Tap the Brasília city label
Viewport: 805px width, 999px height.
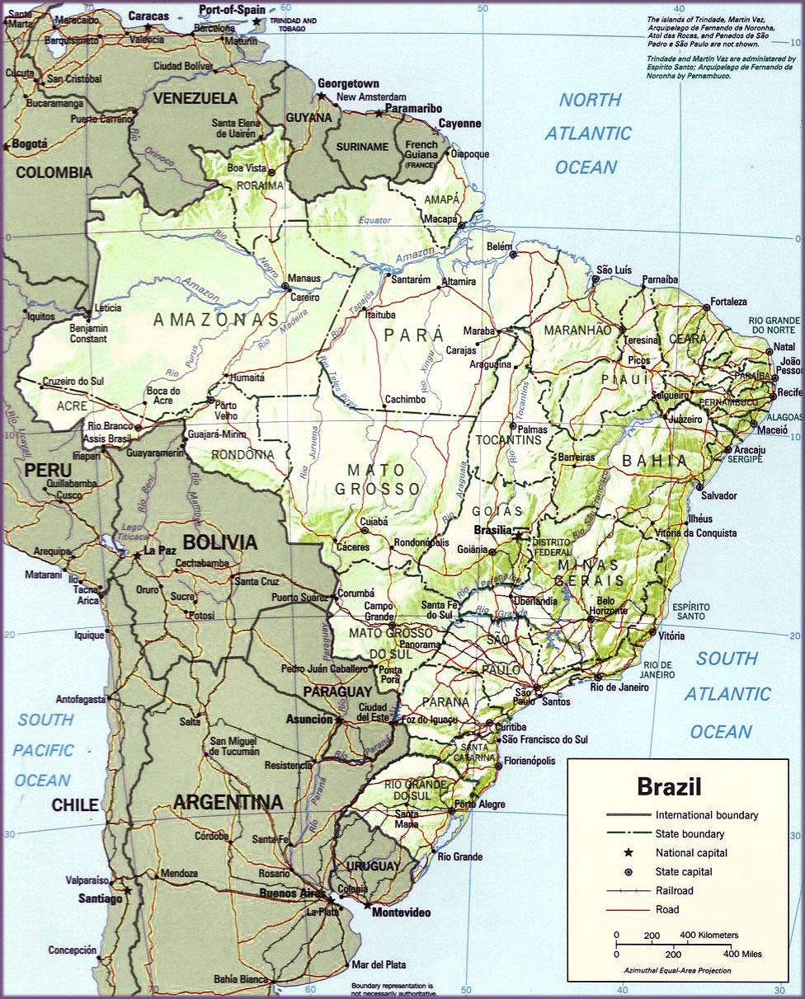(x=493, y=530)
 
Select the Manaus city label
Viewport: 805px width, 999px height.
(x=304, y=279)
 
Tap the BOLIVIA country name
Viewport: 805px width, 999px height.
(x=220, y=542)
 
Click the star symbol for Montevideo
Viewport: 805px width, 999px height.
(x=366, y=904)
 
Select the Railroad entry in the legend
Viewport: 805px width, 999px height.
(x=674, y=891)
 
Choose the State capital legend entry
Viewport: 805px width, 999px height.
(x=684, y=872)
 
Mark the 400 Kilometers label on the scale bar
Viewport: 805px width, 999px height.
(x=708, y=936)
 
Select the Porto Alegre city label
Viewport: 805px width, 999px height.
(x=477, y=804)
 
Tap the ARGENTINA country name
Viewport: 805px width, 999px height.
(x=228, y=802)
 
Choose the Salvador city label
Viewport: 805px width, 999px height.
(x=718, y=495)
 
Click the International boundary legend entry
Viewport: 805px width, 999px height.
(x=707, y=815)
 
